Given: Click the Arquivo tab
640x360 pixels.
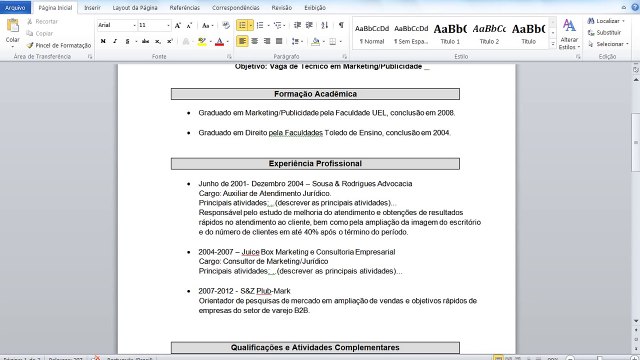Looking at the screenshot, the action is click(x=15, y=7).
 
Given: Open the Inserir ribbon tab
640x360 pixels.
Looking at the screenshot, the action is click(x=92, y=7).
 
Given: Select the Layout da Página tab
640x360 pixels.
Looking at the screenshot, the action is click(x=134, y=7).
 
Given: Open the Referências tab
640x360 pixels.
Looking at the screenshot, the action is click(x=184, y=7).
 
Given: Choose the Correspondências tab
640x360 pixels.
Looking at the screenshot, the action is click(x=236, y=7).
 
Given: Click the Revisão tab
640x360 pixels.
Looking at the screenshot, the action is click(x=282, y=7).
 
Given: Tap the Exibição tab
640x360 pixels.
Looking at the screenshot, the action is click(x=314, y=7).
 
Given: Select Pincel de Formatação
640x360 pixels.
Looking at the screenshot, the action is click(x=62, y=45).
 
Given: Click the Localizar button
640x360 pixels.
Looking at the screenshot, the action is click(x=606, y=20).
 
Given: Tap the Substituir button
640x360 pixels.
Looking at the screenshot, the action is click(x=606, y=32).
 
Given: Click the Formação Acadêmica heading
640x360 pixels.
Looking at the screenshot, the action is click(x=314, y=94).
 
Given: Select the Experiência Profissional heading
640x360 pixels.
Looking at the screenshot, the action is click(x=314, y=163).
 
